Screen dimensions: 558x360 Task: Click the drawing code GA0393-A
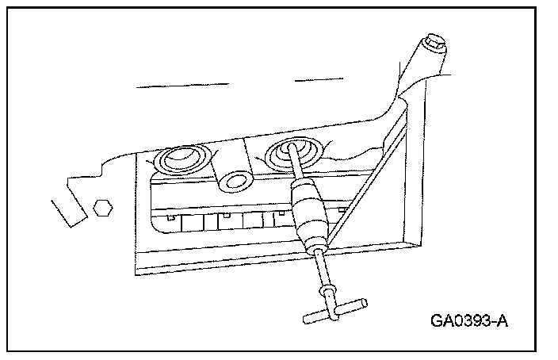469,321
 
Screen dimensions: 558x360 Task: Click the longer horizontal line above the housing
183,84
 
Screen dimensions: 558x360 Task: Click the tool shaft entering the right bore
296,167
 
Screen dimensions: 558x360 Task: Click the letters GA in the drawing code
442,321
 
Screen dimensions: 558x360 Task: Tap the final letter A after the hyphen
502,321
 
